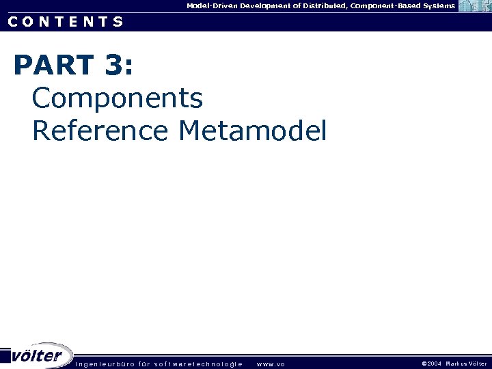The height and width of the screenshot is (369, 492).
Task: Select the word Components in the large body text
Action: pos(118,98)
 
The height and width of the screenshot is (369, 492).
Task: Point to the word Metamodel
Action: pos(252,130)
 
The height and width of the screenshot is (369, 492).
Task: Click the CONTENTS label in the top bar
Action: pos(66,21)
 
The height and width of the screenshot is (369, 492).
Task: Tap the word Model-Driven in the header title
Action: pos(211,5)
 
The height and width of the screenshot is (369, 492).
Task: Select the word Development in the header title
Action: pos(269,5)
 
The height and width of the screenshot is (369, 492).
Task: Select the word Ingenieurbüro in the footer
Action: pos(105,364)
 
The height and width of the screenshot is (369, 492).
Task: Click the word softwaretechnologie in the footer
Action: pos(198,364)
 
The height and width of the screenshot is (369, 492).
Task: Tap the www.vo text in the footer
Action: pos(271,364)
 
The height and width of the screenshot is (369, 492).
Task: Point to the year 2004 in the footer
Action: pos(435,364)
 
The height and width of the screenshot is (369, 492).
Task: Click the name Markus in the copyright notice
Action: pos(456,364)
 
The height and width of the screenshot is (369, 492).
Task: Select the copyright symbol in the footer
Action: pos(424,364)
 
